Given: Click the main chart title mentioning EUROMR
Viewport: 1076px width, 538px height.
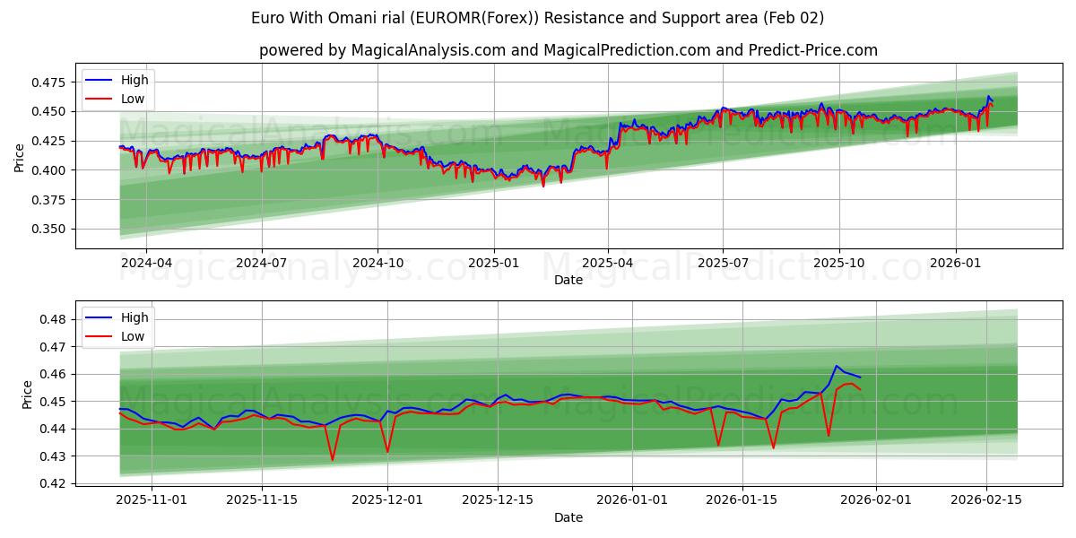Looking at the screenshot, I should point(538,18).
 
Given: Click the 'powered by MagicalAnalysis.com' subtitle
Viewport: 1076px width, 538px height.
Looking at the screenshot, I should point(568,50).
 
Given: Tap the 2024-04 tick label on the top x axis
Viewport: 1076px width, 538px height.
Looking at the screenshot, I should point(146,264).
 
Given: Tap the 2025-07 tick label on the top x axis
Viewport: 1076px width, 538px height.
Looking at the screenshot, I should point(724,264).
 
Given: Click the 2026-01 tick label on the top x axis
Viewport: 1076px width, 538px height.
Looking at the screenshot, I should point(955,264).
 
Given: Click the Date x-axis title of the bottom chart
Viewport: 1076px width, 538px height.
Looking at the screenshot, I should point(568,517).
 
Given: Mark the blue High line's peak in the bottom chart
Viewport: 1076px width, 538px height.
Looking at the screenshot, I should point(837,366).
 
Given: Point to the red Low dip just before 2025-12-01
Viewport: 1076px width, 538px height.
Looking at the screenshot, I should point(333,460).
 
